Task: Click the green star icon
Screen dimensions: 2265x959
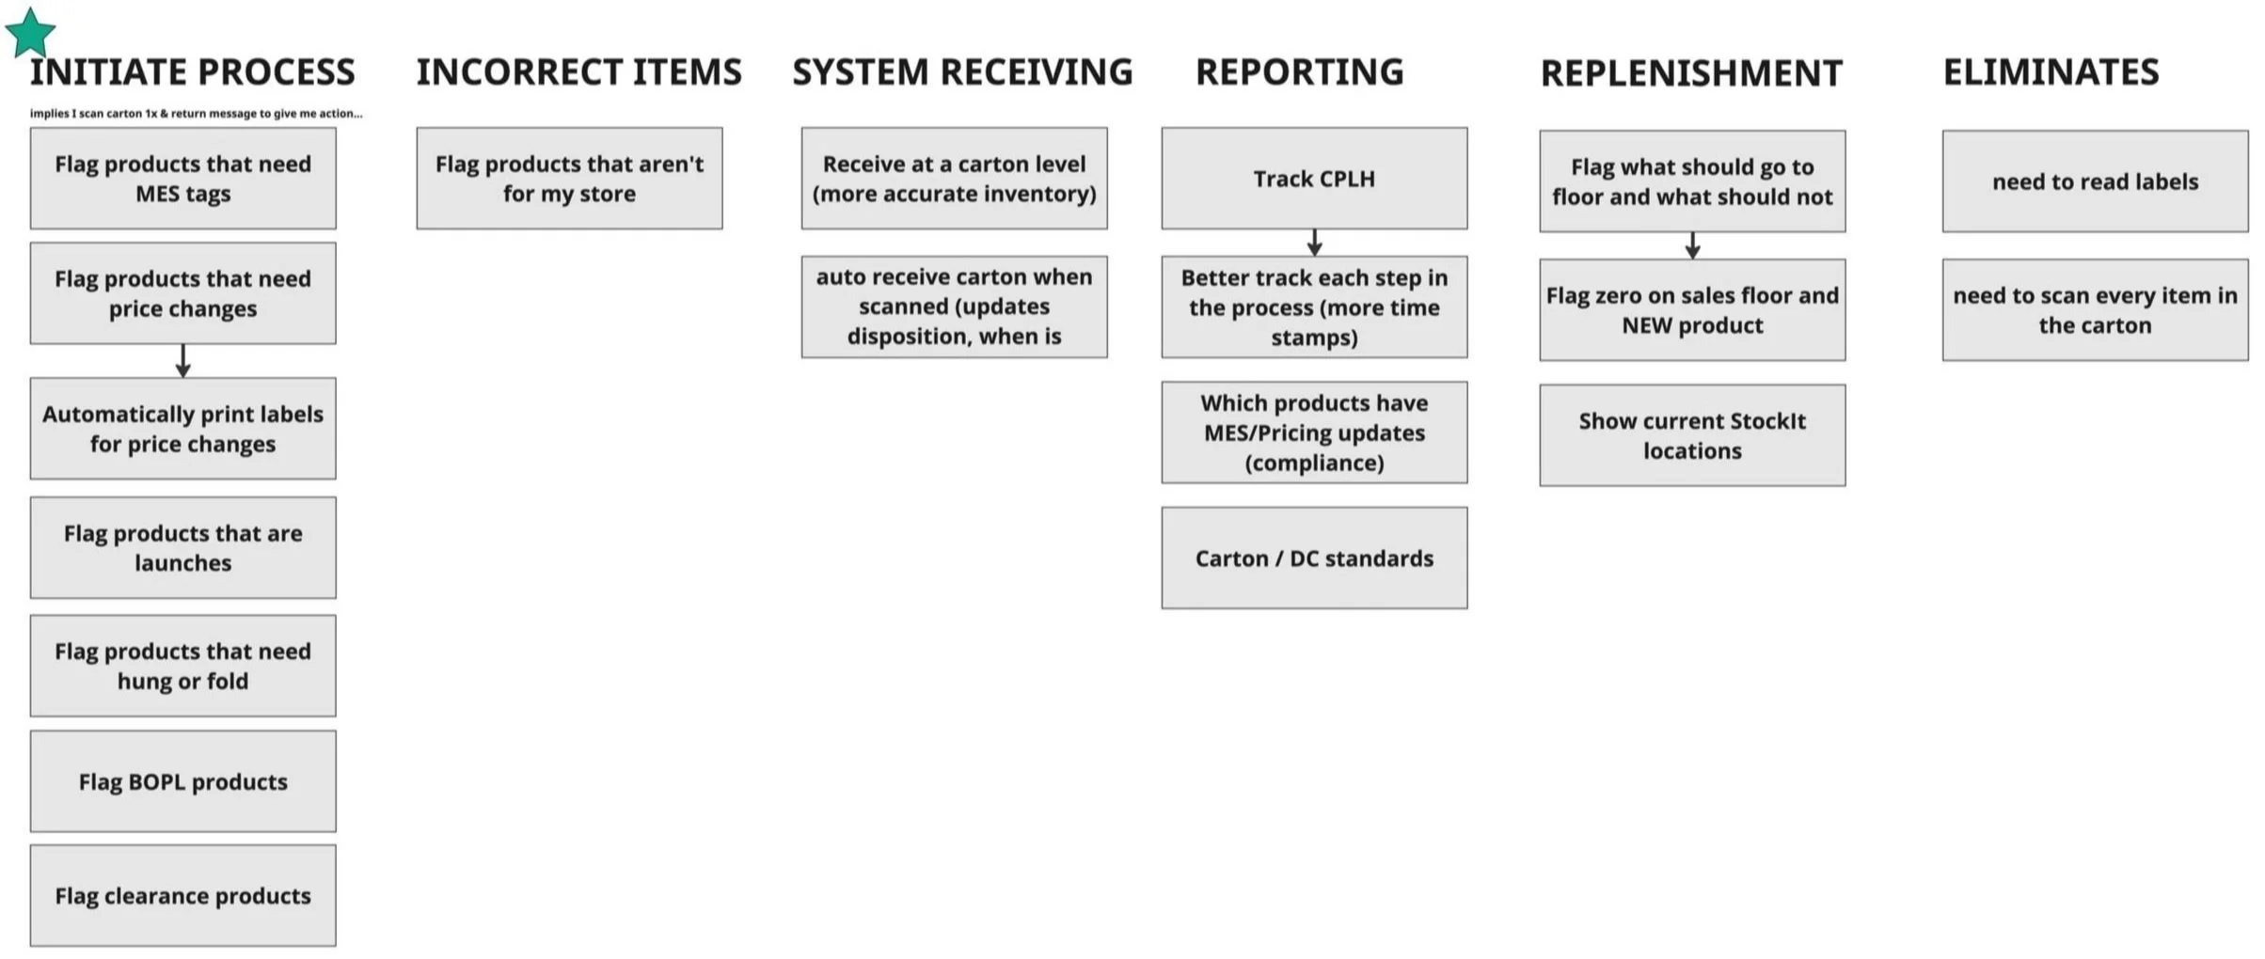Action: coord(30,33)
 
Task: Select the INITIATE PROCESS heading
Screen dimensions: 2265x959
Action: coord(193,72)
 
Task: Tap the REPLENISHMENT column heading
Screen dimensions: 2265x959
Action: coord(1691,73)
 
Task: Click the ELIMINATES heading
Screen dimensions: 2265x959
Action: coord(2051,72)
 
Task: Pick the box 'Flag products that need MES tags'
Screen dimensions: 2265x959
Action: coord(183,179)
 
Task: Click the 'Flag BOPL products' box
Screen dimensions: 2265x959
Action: coord(183,781)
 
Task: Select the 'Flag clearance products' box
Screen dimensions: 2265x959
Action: coord(183,895)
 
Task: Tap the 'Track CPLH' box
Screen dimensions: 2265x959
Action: coord(1314,179)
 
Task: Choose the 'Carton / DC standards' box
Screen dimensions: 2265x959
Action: coord(1314,558)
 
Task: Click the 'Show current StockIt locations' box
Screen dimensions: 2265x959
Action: coord(1692,435)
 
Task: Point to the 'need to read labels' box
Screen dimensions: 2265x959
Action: coord(2096,181)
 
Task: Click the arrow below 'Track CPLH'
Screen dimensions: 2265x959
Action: coord(1315,243)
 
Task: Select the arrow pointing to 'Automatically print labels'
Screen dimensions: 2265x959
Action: coord(183,361)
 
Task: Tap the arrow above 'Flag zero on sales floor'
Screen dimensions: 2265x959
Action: coord(1692,245)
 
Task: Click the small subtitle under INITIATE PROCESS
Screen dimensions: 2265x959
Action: coord(196,114)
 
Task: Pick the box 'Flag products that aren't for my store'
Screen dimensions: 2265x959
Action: coord(570,179)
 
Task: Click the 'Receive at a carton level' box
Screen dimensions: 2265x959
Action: coord(955,179)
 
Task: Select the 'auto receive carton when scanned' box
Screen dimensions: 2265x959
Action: coord(955,307)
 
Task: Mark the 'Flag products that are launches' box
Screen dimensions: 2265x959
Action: coord(183,548)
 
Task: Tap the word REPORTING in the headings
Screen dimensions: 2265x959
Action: coord(1299,72)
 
